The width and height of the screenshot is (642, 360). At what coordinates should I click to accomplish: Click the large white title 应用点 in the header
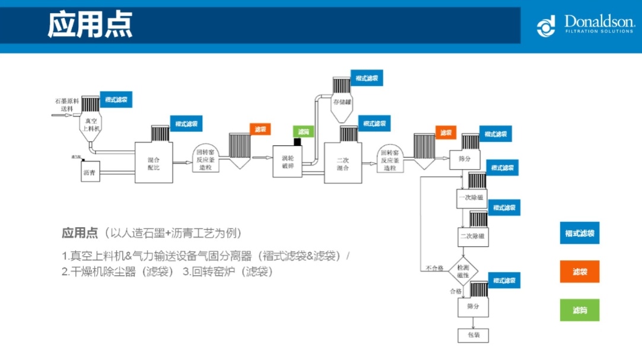[x=90, y=24]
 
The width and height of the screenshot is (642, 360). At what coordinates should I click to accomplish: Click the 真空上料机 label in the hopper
[x=89, y=125]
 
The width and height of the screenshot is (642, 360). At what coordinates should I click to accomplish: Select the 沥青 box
[x=91, y=172]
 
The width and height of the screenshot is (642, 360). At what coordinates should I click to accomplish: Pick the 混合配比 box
[x=154, y=163]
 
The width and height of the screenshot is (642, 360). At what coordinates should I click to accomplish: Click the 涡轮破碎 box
[x=288, y=162]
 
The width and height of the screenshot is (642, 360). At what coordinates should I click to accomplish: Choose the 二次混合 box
[x=342, y=164]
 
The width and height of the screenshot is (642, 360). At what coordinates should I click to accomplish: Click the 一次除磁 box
[x=472, y=197]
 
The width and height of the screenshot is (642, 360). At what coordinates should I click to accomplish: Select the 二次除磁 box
[x=473, y=236]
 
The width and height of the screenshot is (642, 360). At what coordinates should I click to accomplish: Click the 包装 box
[x=473, y=335]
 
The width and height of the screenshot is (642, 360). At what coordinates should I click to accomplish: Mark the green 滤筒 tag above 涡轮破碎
[x=303, y=132]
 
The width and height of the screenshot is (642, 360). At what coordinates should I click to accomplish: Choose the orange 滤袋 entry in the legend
[x=579, y=272]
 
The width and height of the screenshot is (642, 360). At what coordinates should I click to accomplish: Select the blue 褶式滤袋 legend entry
[x=579, y=233]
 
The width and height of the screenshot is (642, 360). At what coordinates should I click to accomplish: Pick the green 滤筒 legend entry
[x=579, y=310]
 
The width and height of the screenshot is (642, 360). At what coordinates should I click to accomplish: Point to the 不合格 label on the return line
[x=434, y=269]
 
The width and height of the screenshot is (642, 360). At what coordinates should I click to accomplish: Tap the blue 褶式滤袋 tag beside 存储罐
[x=366, y=78]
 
